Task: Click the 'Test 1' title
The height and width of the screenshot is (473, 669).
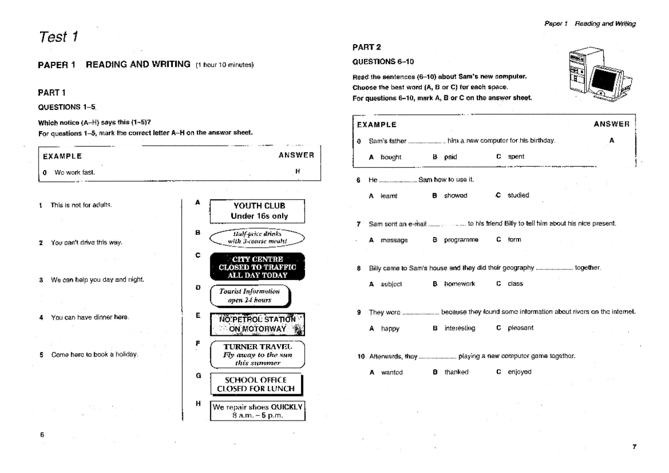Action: [x=58, y=37]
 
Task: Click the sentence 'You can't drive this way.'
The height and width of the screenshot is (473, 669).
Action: [x=86, y=242]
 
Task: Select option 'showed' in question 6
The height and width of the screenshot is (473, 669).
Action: [x=455, y=195]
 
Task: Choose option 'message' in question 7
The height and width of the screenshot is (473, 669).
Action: [x=394, y=240]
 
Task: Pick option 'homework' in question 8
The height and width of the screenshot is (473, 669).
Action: [x=459, y=284]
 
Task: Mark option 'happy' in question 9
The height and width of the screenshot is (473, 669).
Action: [x=390, y=328]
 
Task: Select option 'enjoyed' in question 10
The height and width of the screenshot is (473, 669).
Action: [x=519, y=372]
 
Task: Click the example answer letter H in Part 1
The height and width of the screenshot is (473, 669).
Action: [x=297, y=172]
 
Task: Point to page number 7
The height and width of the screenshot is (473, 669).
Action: [x=634, y=446]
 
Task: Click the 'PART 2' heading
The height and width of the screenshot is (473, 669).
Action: [x=366, y=47]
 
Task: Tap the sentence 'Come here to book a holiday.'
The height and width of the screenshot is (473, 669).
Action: [x=94, y=354]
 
